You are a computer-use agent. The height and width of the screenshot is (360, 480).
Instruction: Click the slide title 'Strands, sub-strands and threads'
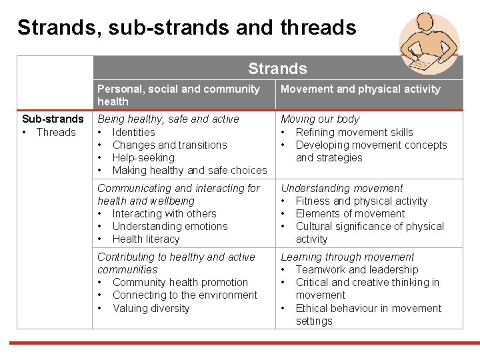coord(187,27)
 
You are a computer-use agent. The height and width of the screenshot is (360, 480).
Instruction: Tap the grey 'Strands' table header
coord(277,69)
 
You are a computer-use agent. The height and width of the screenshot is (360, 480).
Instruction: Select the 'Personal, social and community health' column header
coord(179,95)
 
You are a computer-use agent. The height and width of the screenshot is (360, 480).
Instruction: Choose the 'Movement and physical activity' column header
coord(361,89)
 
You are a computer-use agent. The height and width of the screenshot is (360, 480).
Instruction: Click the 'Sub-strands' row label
coord(53,119)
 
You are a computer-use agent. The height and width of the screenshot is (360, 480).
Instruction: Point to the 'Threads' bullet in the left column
coord(56,132)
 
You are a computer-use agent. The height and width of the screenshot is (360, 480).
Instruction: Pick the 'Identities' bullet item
coord(133,132)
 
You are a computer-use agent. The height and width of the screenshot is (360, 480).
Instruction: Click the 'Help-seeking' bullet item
coord(143,157)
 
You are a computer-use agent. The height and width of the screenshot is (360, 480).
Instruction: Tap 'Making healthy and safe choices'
coord(189,170)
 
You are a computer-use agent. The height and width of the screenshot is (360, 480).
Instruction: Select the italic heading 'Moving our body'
coord(320,119)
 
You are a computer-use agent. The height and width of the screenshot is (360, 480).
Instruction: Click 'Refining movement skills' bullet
coord(354,132)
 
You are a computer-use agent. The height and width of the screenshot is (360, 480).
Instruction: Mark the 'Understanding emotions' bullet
coord(170,226)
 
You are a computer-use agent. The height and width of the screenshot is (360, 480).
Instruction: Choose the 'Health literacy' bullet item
coord(146,239)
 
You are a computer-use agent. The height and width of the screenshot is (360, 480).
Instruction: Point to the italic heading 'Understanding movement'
coord(342,188)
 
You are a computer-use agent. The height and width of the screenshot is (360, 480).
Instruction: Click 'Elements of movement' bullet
coord(350,213)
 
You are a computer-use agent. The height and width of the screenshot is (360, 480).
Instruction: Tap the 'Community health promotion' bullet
coord(180,282)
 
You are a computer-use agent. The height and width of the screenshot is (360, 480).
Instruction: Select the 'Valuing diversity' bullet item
coord(151,308)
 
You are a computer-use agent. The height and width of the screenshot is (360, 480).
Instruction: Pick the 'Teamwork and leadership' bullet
coord(357,269)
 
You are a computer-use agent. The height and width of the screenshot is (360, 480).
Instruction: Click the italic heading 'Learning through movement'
coord(347,257)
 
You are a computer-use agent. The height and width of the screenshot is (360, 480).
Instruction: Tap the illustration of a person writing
coord(429,43)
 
